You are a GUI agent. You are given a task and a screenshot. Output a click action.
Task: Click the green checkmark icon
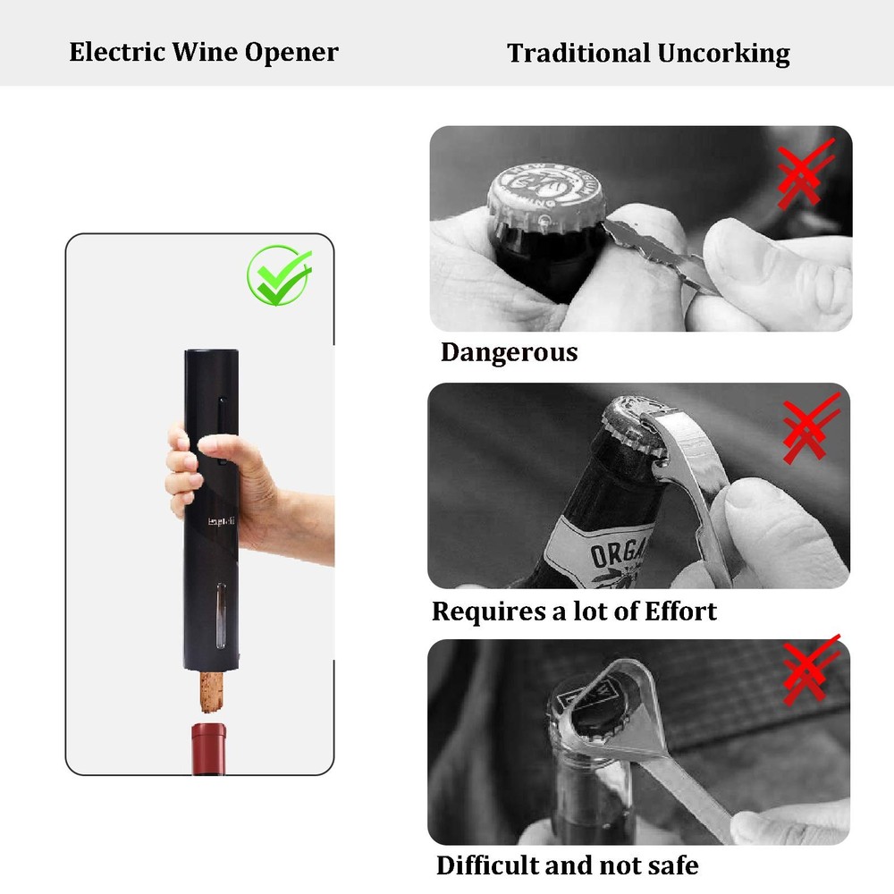pyautogui.click(x=280, y=274)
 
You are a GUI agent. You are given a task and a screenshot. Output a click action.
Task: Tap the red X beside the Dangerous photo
pyautogui.click(x=805, y=173)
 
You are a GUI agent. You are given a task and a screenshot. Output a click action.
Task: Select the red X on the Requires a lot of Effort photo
pyautogui.click(x=809, y=428)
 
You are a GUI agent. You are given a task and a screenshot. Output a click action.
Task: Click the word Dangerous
pyautogui.click(x=509, y=352)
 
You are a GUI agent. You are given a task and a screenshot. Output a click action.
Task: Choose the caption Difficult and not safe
pyautogui.click(x=567, y=865)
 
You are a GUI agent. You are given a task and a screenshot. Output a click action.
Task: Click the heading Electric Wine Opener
pyautogui.click(x=204, y=52)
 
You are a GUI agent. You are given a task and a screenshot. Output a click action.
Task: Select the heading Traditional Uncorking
pyautogui.click(x=648, y=53)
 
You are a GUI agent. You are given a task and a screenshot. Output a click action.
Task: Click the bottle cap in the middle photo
pyautogui.click(x=628, y=432)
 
